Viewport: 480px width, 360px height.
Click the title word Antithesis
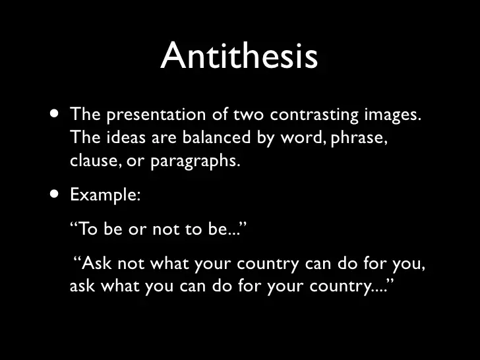[x=239, y=55]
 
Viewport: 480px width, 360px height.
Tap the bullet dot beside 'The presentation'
[x=55, y=114]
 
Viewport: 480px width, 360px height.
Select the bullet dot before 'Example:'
[x=55, y=194]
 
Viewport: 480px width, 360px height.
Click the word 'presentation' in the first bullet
[x=156, y=115]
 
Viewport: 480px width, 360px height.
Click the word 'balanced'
[x=216, y=137]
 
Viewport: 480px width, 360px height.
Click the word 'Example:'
[x=105, y=195]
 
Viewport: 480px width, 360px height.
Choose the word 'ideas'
[x=126, y=137]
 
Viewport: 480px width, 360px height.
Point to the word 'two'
[x=249, y=115]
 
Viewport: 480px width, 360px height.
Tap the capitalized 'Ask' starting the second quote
[x=97, y=263]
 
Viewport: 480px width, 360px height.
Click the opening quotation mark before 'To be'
[x=74, y=224]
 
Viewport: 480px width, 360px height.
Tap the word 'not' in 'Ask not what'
[x=131, y=264]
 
